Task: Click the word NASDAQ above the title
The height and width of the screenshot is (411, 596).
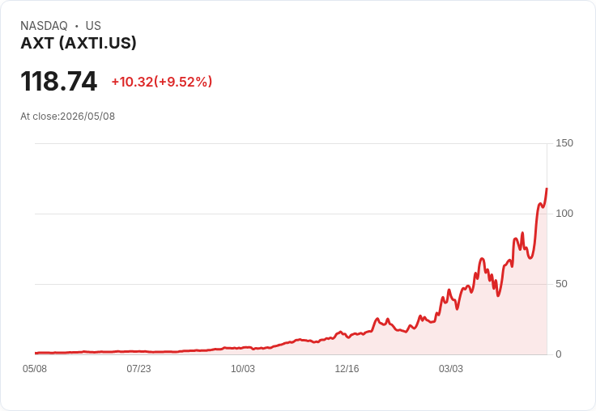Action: coord(44,26)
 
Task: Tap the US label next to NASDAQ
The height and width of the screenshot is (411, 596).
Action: coord(93,26)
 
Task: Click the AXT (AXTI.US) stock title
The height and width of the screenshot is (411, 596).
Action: coord(79,44)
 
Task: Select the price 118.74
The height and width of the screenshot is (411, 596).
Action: coord(59,81)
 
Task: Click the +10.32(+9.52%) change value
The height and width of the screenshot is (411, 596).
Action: coord(161,82)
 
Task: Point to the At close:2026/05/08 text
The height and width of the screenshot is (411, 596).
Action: coord(68,117)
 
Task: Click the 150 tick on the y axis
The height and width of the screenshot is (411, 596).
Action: coord(564,143)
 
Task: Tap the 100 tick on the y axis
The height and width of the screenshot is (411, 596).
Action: coord(564,214)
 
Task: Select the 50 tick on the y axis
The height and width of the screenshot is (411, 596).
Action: coord(561,284)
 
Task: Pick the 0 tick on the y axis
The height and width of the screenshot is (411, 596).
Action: coord(559,354)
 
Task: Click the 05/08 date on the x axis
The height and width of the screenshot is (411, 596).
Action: coord(35,369)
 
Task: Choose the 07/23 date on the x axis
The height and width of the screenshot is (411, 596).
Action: coord(138,369)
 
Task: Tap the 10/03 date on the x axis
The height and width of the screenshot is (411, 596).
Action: coord(243,369)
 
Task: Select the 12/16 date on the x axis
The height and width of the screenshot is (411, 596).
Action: coord(347,369)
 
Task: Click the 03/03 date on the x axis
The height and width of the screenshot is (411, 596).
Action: coord(451,369)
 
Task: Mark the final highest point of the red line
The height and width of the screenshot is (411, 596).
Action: coord(547,188)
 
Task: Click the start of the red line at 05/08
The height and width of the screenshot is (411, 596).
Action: coord(36,353)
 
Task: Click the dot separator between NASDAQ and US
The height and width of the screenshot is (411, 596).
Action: coord(76,26)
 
